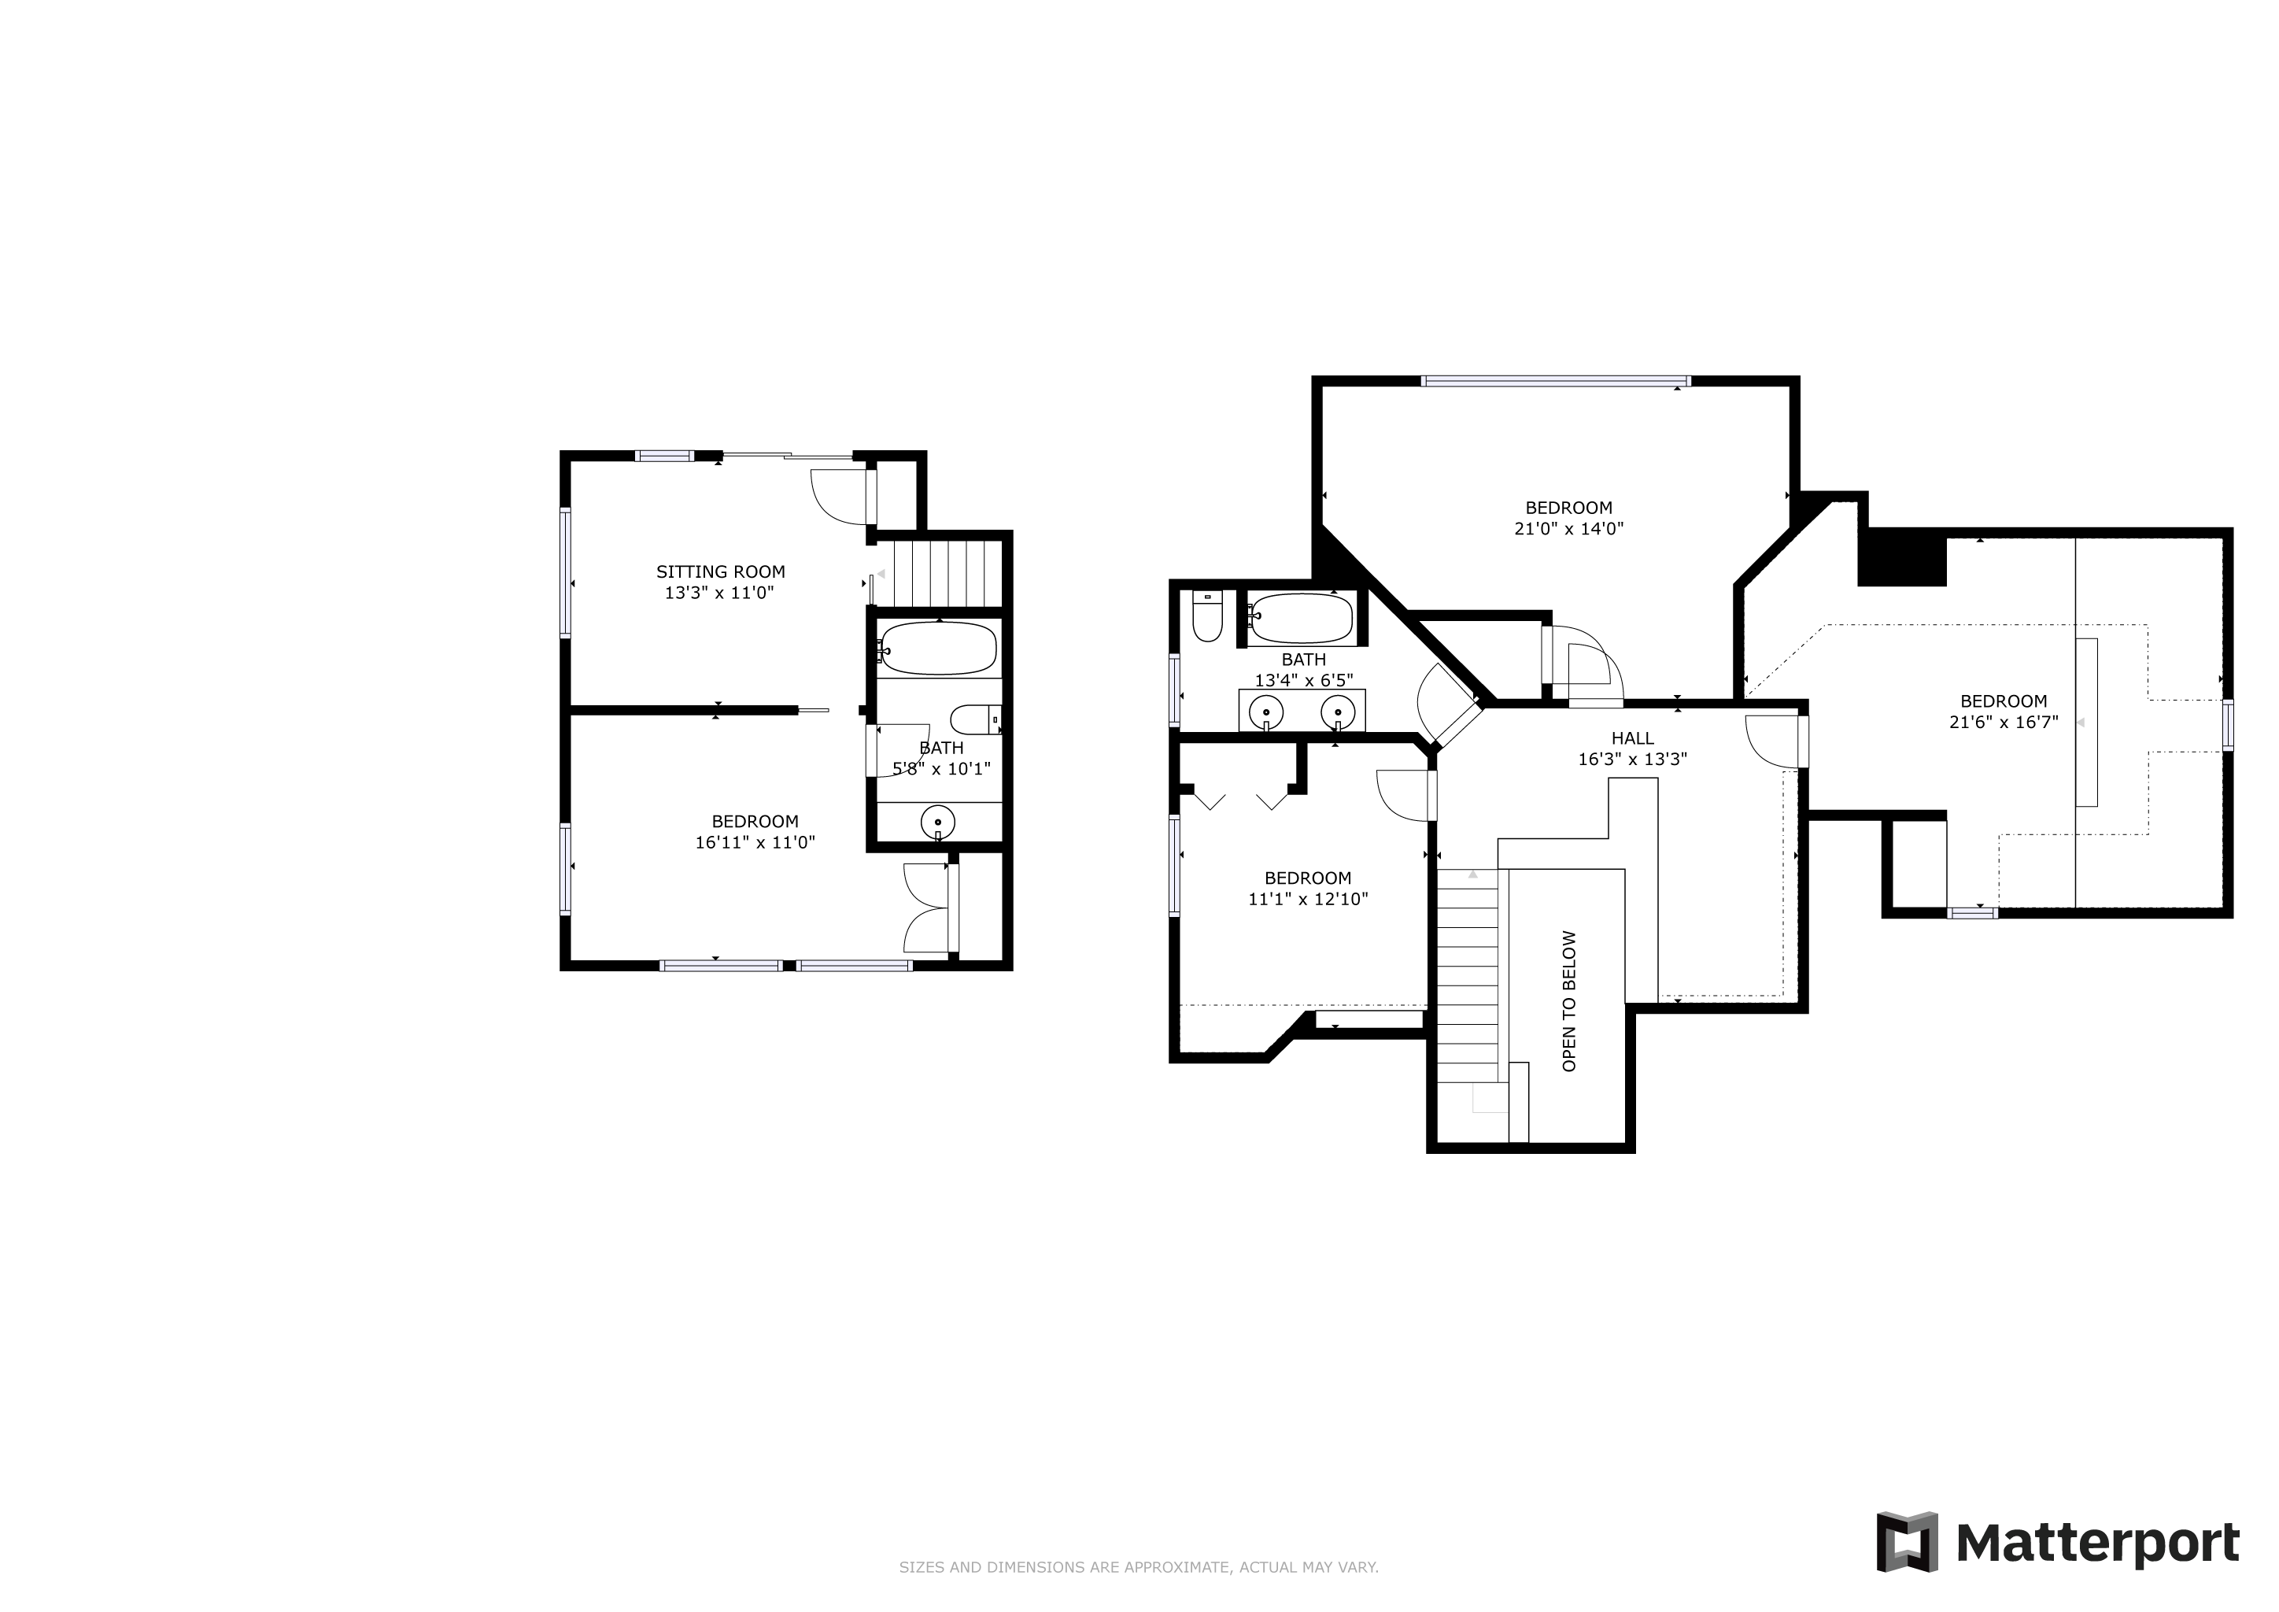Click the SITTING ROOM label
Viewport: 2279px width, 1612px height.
click(721, 571)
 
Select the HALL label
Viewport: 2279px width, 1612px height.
click(1633, 738)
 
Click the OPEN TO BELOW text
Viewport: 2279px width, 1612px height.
click(1569, 1000)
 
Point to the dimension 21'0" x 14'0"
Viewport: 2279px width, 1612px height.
click(1569, 529)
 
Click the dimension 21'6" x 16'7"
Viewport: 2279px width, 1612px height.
click(2004, 723)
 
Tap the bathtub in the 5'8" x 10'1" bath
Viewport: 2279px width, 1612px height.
click(937, 648)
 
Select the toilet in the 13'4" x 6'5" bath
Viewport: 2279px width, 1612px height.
click(1207, 616)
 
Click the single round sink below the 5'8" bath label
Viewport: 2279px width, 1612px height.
click(938, 823)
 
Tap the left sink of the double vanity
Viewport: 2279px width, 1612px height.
click(1266, 711)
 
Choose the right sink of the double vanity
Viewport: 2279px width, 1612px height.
click(1338, 711)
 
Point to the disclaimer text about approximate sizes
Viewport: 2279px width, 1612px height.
click(1139, 1567)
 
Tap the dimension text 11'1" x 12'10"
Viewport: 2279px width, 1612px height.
click(1308, 900)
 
